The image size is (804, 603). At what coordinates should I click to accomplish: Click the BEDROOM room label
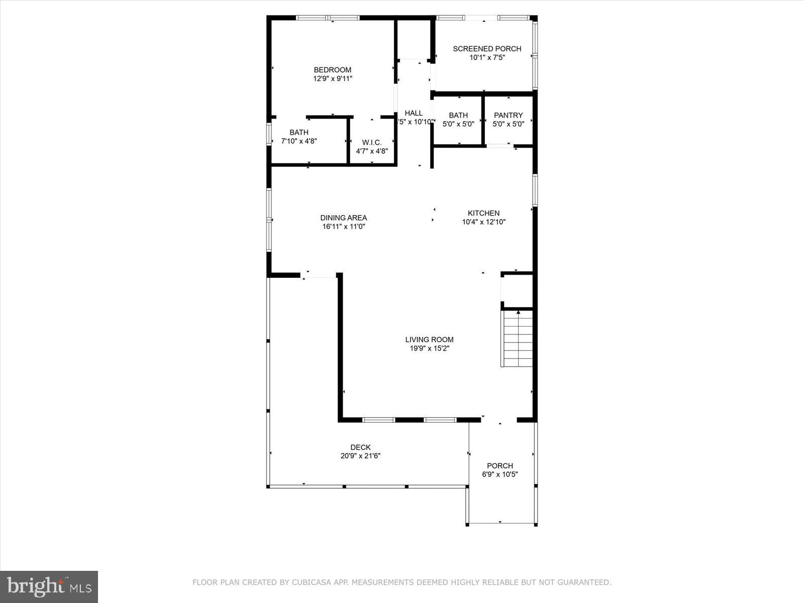tap(332, 70)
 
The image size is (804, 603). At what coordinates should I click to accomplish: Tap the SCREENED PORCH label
tap(487, 49)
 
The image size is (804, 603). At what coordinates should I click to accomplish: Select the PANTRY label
tap(508, 115)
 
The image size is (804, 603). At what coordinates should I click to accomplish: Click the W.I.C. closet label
tap(372, 143)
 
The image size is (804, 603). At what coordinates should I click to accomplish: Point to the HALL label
tap(414, 113)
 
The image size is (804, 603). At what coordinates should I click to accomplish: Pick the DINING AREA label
tap(344, 218)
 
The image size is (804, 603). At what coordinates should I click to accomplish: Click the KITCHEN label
tap(483, 213)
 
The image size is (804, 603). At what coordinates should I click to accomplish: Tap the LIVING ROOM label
tap(429, 340)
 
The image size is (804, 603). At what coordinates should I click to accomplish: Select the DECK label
tap(360, 447)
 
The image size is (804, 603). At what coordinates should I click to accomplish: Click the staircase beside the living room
tap(517, 339)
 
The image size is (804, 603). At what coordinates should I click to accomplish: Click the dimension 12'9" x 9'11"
tap(332, 79)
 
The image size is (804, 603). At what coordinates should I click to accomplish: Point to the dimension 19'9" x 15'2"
tap(429, 348)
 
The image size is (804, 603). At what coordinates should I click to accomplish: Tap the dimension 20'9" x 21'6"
tap(360, 456)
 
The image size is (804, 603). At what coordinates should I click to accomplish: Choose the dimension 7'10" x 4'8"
tap(298, 141)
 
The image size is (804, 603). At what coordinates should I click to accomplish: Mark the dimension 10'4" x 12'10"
tap(483, 222)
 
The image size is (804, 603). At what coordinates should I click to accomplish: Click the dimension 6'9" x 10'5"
tap(499, 474)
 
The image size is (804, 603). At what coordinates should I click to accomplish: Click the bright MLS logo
tap(49, 586)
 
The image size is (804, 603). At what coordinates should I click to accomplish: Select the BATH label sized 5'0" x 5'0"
tap(458, 115)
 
